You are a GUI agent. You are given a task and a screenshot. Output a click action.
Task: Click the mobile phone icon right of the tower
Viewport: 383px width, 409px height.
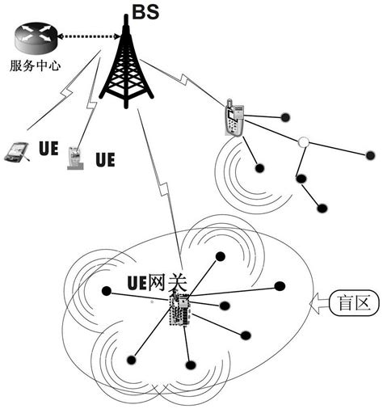[x=232, y=120]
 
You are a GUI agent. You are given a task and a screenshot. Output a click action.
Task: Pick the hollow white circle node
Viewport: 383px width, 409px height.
[x=303, y=142]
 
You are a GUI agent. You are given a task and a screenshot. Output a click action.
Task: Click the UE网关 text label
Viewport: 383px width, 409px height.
[x=158, y=283]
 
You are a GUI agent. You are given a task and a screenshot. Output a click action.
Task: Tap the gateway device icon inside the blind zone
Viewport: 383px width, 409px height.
[x=179, y=310]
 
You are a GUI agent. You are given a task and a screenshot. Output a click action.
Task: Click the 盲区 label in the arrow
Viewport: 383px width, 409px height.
[x=352, y=305]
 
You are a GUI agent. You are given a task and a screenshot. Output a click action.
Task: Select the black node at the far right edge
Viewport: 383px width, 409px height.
[x=369, y=154]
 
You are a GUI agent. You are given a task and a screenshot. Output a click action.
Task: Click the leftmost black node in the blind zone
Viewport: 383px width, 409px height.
[x=105, y=290]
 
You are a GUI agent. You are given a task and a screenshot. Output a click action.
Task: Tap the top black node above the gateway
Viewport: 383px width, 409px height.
[x=219, y=258]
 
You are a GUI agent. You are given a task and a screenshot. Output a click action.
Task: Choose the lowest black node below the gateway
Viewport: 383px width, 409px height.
[x=189, y=365]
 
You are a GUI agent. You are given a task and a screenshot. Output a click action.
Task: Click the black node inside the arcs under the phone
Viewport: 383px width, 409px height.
[x=259, y=170]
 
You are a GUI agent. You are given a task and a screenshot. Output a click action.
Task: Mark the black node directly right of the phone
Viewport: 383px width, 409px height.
[x=284, y=118]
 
